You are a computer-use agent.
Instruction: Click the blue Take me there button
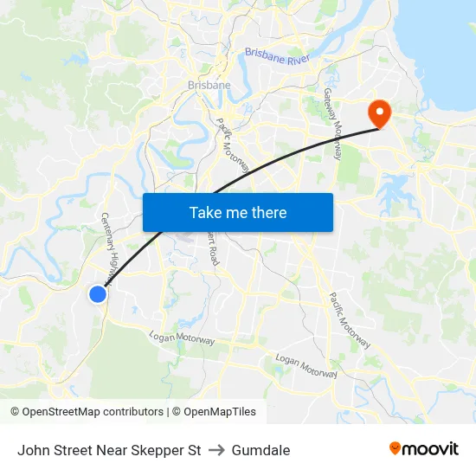click(237, 212)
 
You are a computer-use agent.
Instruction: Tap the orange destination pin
click(379, 113)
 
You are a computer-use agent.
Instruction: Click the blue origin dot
click(98, 294)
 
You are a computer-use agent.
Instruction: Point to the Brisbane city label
click(209, 85)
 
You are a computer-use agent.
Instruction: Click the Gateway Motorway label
click(333, 123)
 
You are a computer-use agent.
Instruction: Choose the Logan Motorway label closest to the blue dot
click(182, 338)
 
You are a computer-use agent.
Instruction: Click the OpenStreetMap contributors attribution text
click(93, 412)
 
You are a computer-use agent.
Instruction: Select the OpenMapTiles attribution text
click(220, 412)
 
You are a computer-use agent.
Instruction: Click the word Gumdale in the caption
click(261, 450)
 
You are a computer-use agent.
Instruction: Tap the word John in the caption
click(33, 450)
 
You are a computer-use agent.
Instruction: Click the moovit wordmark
click(431, 449)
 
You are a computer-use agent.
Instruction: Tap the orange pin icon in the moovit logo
click(395, 449)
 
